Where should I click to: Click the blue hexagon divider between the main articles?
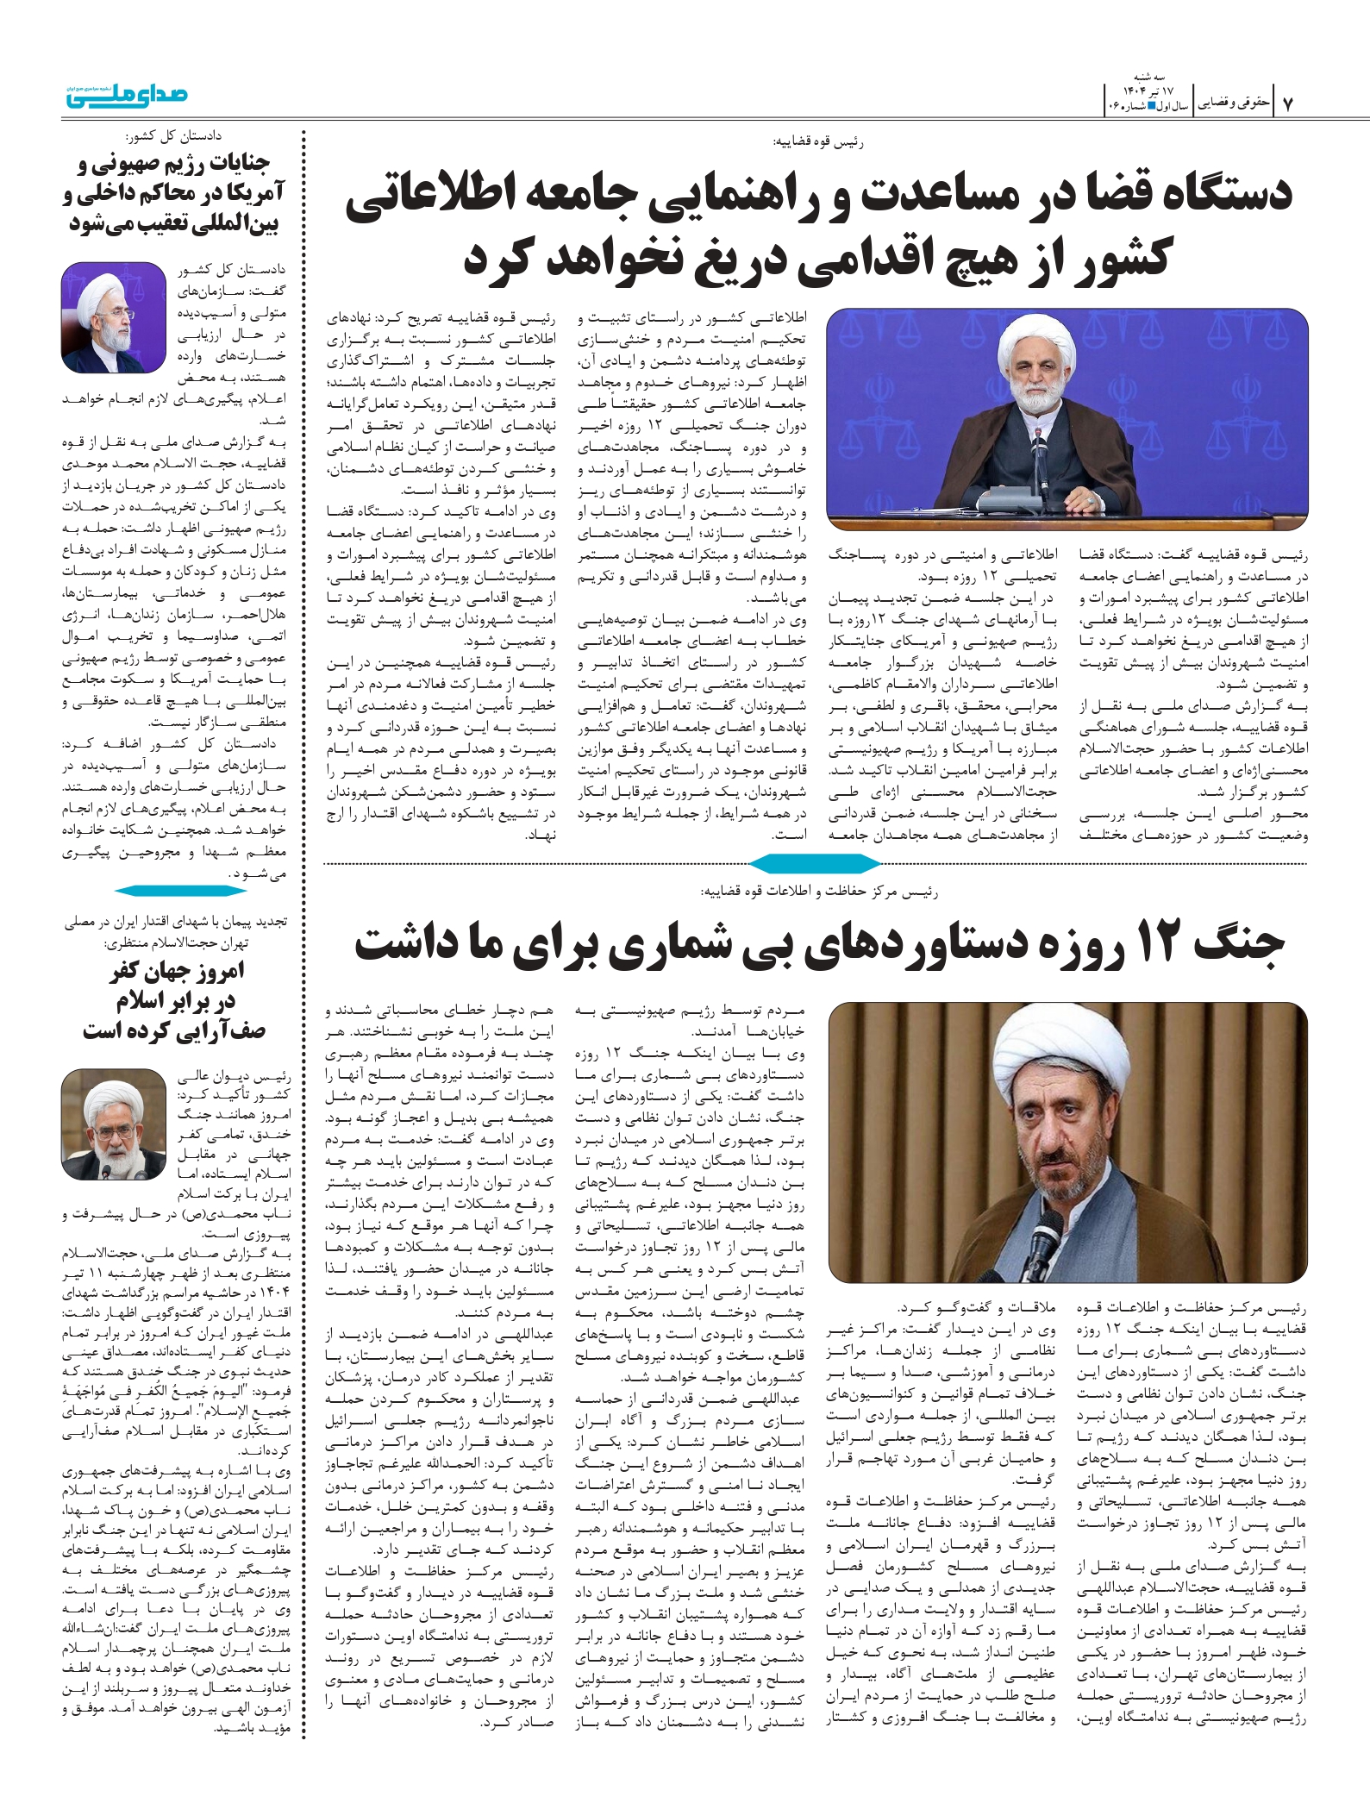click(x=814, y=863)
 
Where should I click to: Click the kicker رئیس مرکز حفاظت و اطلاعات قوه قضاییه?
click(x=820, y=892)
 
